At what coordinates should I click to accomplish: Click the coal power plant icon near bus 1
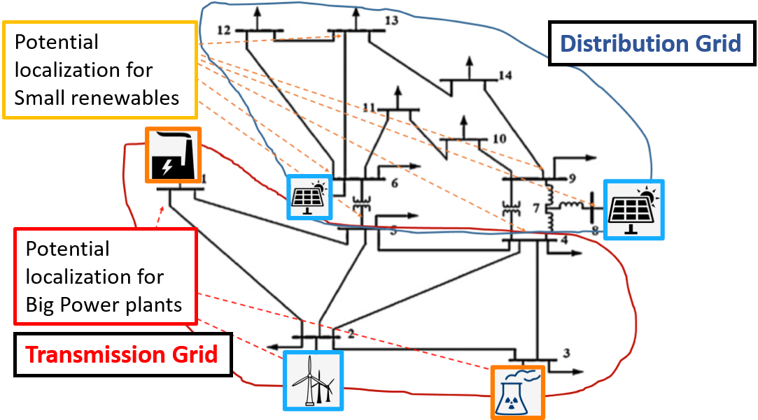[x=172, y=155]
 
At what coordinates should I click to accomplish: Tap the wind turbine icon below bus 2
[x=313, y=379]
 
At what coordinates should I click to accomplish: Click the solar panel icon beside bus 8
[x=634, y=210]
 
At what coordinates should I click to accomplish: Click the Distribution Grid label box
[x=650, y=43]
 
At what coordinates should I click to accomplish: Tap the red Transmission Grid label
[x=122, y=354]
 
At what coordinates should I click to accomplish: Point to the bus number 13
[x=391, y=21]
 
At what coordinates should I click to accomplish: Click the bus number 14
[x=505, y=75]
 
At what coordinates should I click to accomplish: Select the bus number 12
[x=224, y=30]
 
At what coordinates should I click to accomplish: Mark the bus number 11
[x=370, y=107]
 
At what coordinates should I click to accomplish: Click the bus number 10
[x=498, y=138]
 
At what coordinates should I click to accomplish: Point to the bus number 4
[x=563, y=241]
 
